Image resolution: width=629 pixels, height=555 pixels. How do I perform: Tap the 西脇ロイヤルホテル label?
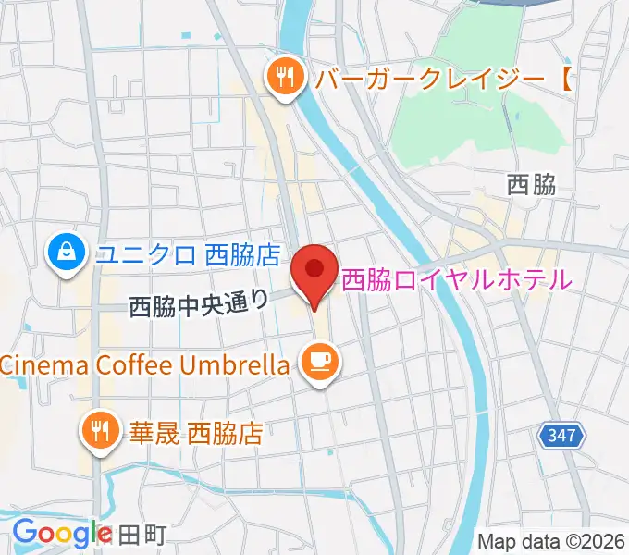coord(457,279)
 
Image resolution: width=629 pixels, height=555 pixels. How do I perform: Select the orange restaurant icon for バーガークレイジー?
coord(284,78)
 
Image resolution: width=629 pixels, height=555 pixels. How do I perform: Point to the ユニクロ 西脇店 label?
coord(189,251)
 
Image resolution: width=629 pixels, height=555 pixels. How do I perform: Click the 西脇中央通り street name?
coord(199,302)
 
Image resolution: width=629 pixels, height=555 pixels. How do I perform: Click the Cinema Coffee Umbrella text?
coord(145,364)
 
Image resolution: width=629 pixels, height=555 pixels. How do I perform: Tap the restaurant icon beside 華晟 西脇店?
coord(99,430)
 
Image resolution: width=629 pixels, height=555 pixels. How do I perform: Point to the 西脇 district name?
coord(531,184)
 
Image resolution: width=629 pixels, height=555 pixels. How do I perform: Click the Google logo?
coord(62,533)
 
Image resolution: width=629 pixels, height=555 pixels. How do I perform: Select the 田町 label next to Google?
coord(142,535)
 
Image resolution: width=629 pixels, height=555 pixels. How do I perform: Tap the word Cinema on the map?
coord(37,364)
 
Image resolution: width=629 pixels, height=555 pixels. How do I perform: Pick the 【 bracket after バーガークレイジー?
coord(564,79)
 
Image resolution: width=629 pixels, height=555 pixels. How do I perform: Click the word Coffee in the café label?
coord(128,364)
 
